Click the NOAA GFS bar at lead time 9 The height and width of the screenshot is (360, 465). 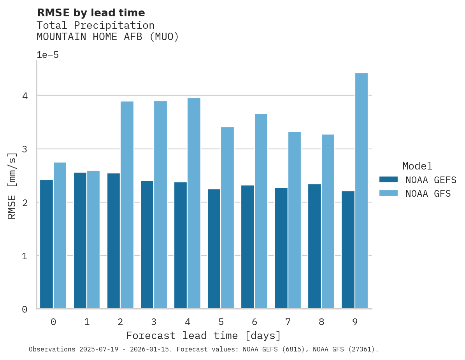click(x=361, y=191)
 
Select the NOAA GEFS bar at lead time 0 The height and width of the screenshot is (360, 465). click(x=46, y=244)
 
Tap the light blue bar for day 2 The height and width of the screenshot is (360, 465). click(x=127, y=205)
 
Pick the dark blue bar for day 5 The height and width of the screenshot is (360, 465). click(x=214, y=249)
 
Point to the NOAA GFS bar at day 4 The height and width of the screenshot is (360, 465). click(x=194, y=203)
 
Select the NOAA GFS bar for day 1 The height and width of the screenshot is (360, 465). click(x=93, y=239)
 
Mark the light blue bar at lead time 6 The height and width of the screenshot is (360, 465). click(x=261, y=211)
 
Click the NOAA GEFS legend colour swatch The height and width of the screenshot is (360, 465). click(x=388, y=180)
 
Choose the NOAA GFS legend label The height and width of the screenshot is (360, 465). click(x=428, y=194)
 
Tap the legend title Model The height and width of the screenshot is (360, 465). click(x=417, y=166)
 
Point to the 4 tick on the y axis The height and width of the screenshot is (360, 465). click(x=25, y=96)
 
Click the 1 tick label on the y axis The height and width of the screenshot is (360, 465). click(x=25, y=256)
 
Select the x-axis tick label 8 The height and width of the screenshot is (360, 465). click(x=321, y=322)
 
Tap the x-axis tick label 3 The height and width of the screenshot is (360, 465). click(x=154, y=322)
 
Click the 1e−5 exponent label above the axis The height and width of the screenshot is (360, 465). click(x=47, y=55)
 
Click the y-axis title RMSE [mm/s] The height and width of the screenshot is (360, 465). click(x=12, y=186)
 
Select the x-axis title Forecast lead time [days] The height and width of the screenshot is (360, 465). click(x=203, y=336)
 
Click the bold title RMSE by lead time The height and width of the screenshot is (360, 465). click(x=91, y=13)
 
